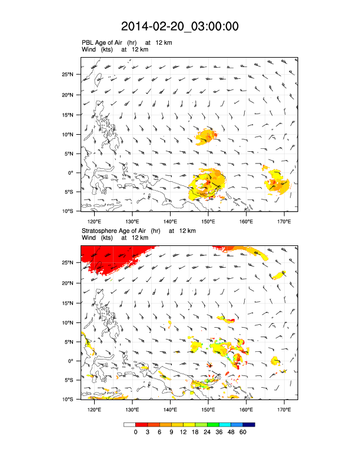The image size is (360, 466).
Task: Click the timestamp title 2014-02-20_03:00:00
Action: (179, 26)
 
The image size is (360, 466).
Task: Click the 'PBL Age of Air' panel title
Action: (115, 43)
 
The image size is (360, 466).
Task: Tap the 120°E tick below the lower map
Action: (94, 410)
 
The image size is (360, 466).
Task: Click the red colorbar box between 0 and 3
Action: (141, 424)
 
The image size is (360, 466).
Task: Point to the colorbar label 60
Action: (242, 432)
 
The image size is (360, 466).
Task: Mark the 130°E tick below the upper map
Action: (132, 221)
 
